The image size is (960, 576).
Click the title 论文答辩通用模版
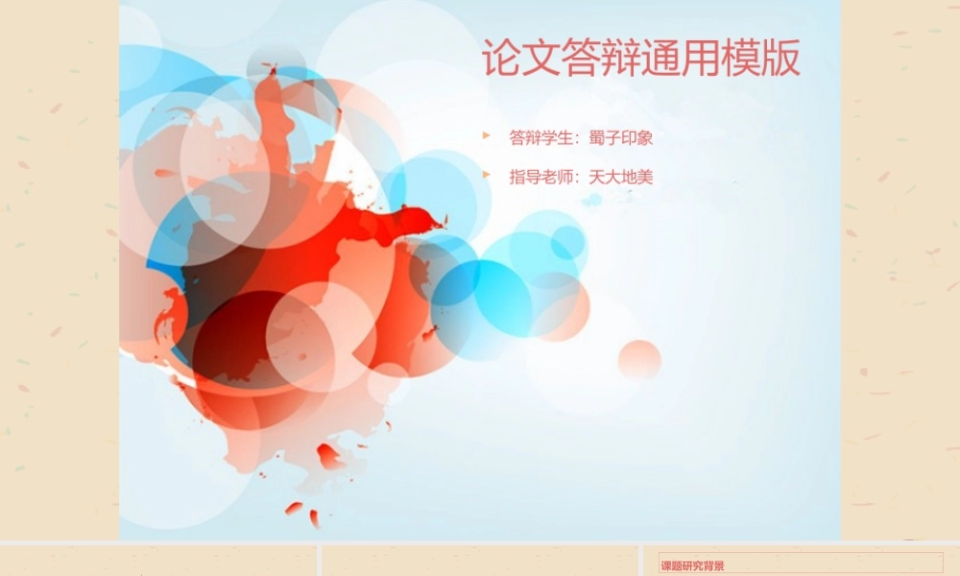click(641, 58)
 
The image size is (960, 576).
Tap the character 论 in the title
click(501, 58)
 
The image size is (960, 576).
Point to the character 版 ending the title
click(781, 58)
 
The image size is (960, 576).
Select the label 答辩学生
click(540, 137)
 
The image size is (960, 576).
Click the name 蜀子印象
click(621, 137)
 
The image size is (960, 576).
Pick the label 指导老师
click(540, 177)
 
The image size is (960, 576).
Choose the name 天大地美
click(621, 177)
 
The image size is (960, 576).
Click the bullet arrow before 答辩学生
click(487, 135)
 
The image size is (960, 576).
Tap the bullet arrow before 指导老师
click(487, 175)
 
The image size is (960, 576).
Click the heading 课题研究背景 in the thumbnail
click(692, 566)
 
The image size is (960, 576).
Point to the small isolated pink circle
click(639, 359)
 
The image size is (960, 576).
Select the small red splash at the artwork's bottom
click(294, 508)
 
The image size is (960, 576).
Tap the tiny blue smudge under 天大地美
click(592, 200)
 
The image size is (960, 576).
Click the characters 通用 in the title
click(681, 58)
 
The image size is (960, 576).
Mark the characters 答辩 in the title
click(601, 58)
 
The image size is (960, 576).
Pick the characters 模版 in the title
click(761, 58)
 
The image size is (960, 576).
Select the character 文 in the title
click(541, 58)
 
